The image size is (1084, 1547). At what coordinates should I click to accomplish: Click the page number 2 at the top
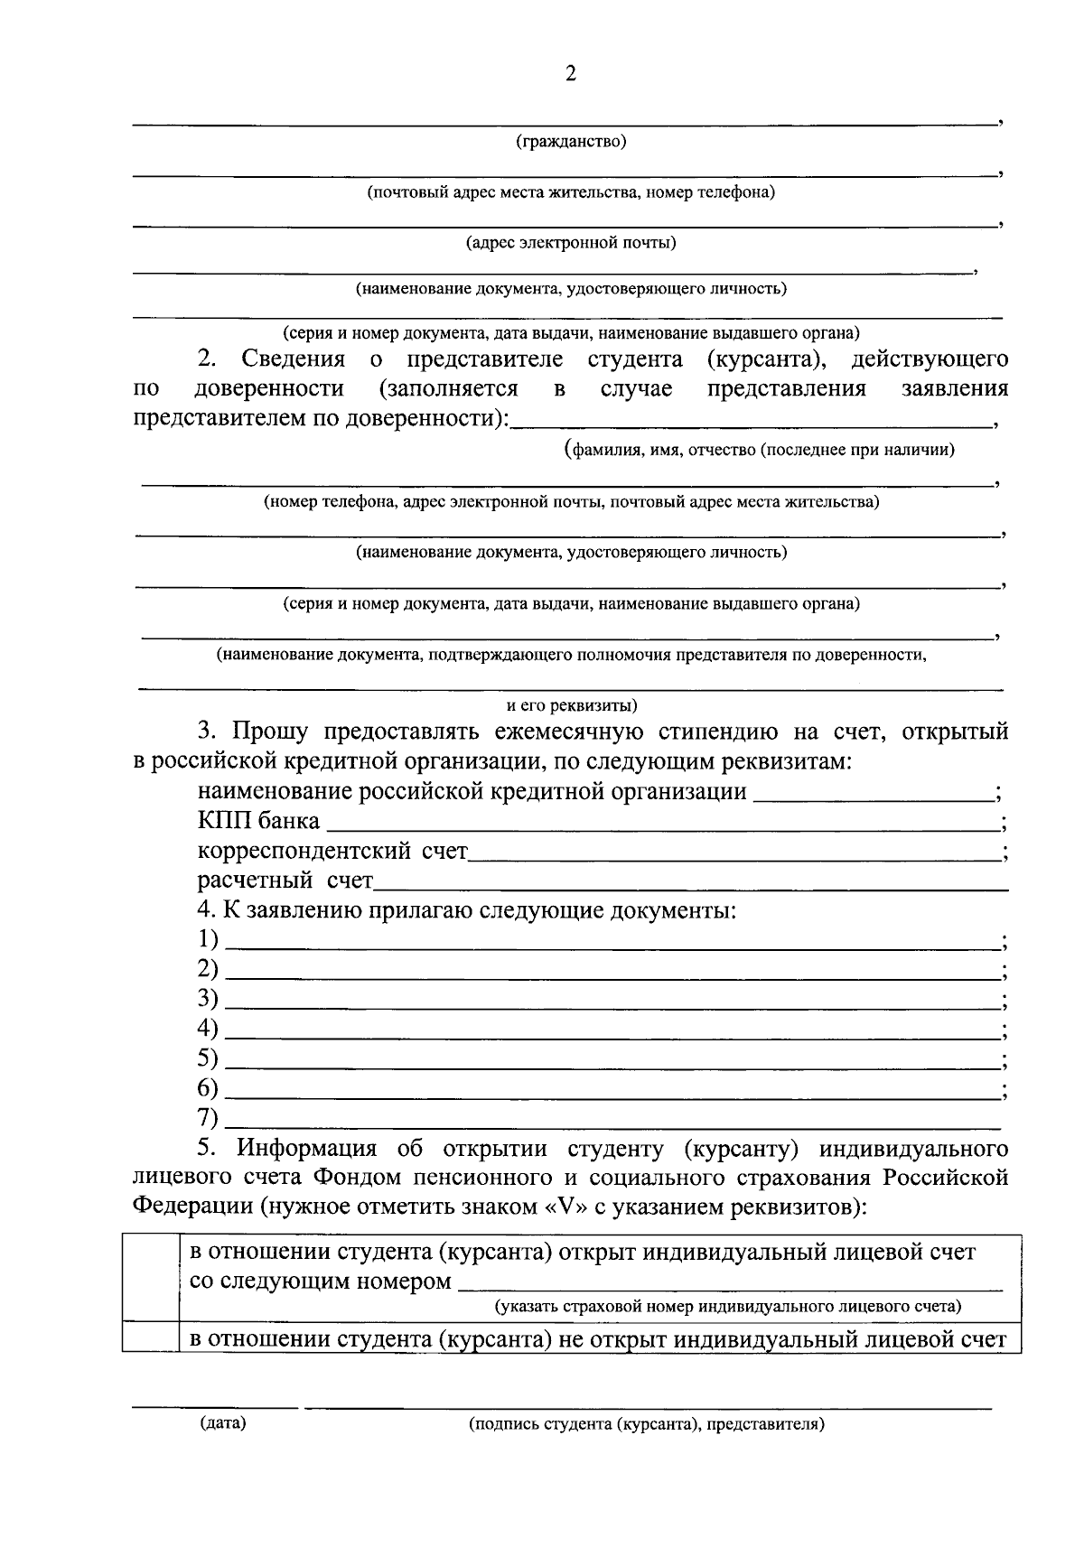(x=570, y=74)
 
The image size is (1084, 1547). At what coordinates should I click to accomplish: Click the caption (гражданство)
(x=571, y=142)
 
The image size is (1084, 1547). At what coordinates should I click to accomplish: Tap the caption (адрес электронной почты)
(x=571, y=242)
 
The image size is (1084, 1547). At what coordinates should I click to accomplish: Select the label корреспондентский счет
(x=332, y=851)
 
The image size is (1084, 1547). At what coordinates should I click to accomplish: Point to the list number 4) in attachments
(x=208, y=1028)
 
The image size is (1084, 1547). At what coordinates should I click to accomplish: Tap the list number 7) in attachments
(x=208, y=1117)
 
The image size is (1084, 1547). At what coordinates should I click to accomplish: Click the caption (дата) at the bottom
(x=222, y=1424)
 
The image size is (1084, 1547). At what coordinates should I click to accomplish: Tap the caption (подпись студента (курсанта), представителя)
(x=647, y=1425)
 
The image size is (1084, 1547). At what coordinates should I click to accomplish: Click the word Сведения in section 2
(x=293, y=359)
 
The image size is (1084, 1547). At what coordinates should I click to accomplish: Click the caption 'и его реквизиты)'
(x=571, y=705)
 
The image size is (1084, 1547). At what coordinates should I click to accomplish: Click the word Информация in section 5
(x=306, y=1149)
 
